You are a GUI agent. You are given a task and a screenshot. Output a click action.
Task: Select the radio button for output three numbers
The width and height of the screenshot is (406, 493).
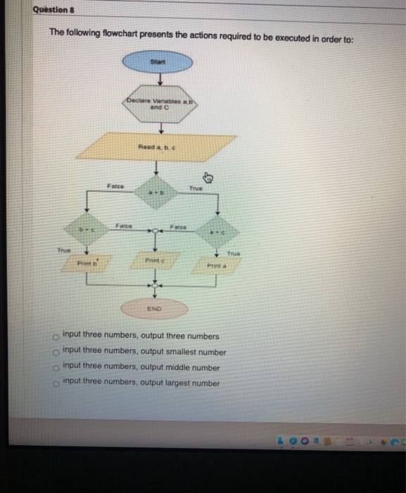tap(54, 337)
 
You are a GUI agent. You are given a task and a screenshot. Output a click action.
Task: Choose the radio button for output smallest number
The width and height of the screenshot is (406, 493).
tap(54, 352)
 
